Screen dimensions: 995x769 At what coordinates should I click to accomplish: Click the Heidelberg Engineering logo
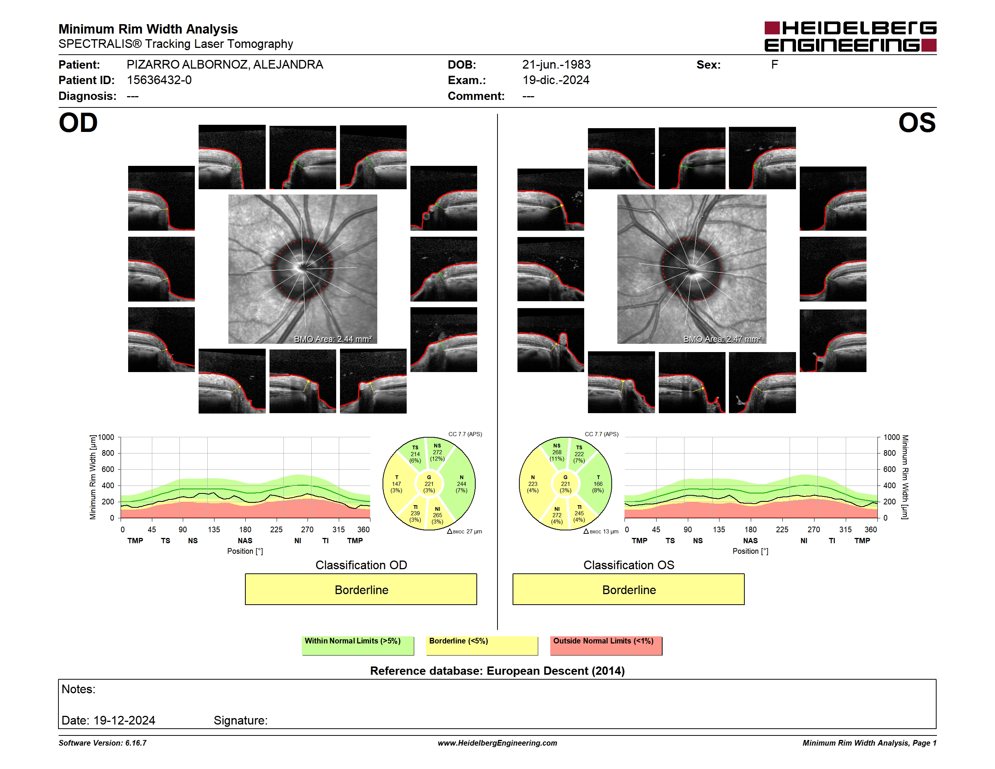pyautogui.click(x=850, y=37)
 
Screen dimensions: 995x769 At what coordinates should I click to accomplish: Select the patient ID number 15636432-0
pyautogui.click(x=159, y=80)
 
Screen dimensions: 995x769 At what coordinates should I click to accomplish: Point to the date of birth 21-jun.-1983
pyautogui.click(x=556, y=65)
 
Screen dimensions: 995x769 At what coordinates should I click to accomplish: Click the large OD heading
pyautogui.click(x=78, y=123)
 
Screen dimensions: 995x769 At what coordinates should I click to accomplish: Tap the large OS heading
pyautogui.click(x=917, y=123)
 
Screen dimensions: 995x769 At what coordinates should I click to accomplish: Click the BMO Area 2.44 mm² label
pyautogui.click(x=332, y=339)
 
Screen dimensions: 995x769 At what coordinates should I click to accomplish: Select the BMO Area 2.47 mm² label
pyautogui.click(x=722, y=339)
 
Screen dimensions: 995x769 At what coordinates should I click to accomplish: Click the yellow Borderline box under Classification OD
pyautogui.click(x=361, y=589)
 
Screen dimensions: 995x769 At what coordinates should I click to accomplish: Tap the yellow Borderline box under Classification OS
pyautogui.click(x=628, y=589)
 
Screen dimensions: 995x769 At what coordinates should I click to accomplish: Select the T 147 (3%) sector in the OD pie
pyautogui.click(x=396, y=484)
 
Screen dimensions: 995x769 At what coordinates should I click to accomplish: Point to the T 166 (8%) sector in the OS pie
pyautogui.click(x=598, y=484)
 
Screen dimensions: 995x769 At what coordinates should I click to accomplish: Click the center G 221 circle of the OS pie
pyautogui.click(x=565, y=484)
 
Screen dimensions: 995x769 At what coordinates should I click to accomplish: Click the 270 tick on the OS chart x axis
pyautogui.click(x=814, y=529)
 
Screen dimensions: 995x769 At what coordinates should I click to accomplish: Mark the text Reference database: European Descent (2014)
pyautogui.click(x=497, y=671)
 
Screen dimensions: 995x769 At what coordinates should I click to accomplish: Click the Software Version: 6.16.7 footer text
pyautogui.click(x=103, y=743)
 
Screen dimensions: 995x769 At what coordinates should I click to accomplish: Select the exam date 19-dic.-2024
pyautogui.click(x=556, y=80)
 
